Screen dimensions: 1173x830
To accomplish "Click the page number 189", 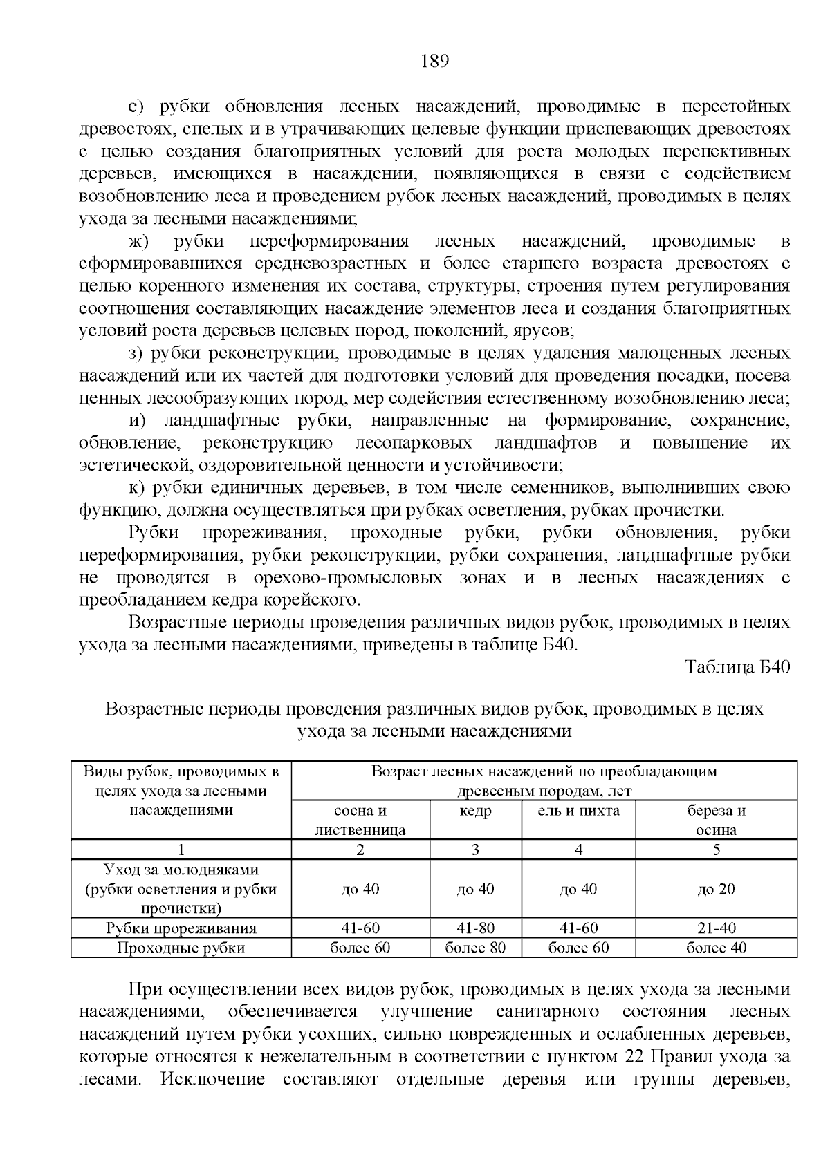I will (x=435, y=62).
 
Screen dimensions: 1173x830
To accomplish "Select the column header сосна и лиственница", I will (x=360, y=820).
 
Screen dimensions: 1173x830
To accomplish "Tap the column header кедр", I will (x=475, y=811).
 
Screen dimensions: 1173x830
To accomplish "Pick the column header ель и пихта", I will (x=578, y=811).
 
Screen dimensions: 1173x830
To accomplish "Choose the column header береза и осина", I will (x=716, y=820).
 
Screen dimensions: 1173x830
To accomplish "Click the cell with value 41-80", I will (x=475, y=928).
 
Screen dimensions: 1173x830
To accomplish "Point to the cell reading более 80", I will (x=475, y=948).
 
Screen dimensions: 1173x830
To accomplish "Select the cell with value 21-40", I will (x=716, y=928).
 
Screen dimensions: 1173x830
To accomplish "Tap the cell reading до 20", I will (x=716, y=889).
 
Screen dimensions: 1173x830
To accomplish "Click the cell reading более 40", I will (x=716, y=948).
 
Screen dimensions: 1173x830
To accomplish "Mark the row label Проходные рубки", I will (x=181, y=948).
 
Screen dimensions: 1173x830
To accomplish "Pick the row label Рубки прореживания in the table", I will (x=181, y=928).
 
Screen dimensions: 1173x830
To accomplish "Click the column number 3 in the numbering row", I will (x=475, y=850).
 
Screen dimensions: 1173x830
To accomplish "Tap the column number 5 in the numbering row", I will (x=716, y=850).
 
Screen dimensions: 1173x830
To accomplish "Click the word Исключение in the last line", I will (x=212, y=1079).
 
